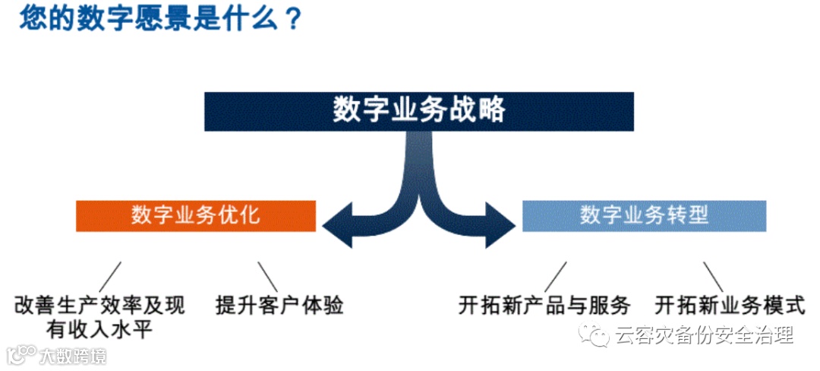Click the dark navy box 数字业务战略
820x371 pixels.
tap(418, 111)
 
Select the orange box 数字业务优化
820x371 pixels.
tap(195, 215)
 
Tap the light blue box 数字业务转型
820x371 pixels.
tap(644, 215)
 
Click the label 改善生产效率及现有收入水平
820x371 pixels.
tap(99, 316)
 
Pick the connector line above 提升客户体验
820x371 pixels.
tap(266, 275)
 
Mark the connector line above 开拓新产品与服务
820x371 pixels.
tap(555, 275)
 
